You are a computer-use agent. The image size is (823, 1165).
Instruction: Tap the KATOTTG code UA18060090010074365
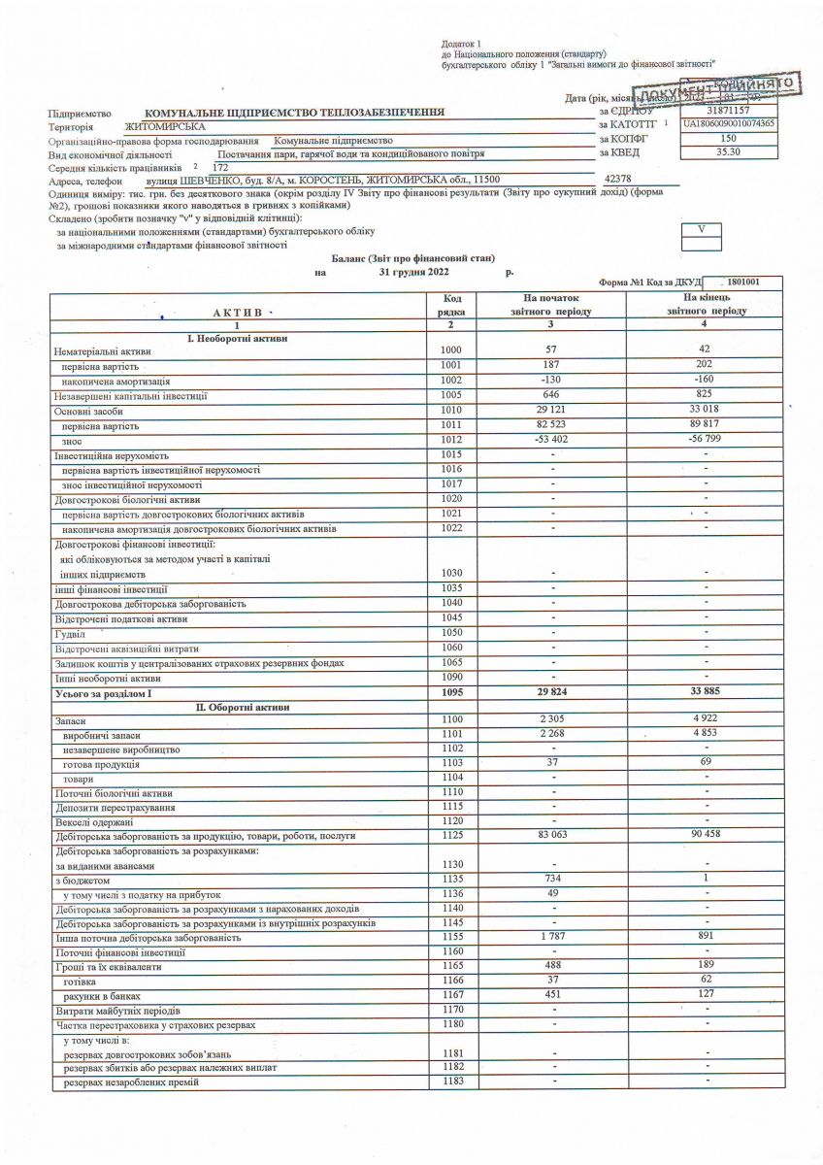729,125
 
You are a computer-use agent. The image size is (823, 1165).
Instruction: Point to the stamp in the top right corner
742,92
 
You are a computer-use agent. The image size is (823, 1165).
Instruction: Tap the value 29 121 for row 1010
550,410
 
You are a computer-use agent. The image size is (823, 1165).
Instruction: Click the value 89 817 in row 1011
706,424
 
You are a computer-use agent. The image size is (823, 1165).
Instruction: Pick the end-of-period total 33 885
706,693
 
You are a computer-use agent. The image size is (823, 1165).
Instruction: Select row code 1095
452,693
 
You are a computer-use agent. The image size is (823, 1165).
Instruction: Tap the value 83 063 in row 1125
550,835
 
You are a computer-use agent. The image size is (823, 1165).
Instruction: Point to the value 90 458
706,835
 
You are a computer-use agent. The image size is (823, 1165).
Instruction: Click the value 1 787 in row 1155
550,938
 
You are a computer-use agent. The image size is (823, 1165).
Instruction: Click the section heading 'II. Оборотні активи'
243,708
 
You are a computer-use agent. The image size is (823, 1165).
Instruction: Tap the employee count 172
219,167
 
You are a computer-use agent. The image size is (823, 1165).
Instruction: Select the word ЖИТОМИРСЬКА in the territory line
165,126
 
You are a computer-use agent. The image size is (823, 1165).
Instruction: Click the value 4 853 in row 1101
706,733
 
